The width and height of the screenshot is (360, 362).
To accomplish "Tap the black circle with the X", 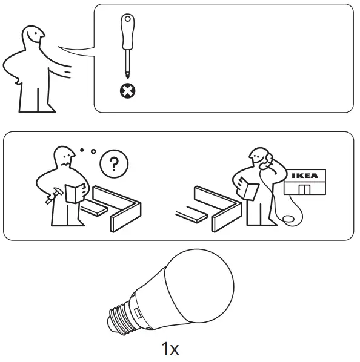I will pyautogui.click(x=128, y=91).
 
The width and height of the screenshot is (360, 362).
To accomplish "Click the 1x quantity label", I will pyautogui.click(x=170, y=349).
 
